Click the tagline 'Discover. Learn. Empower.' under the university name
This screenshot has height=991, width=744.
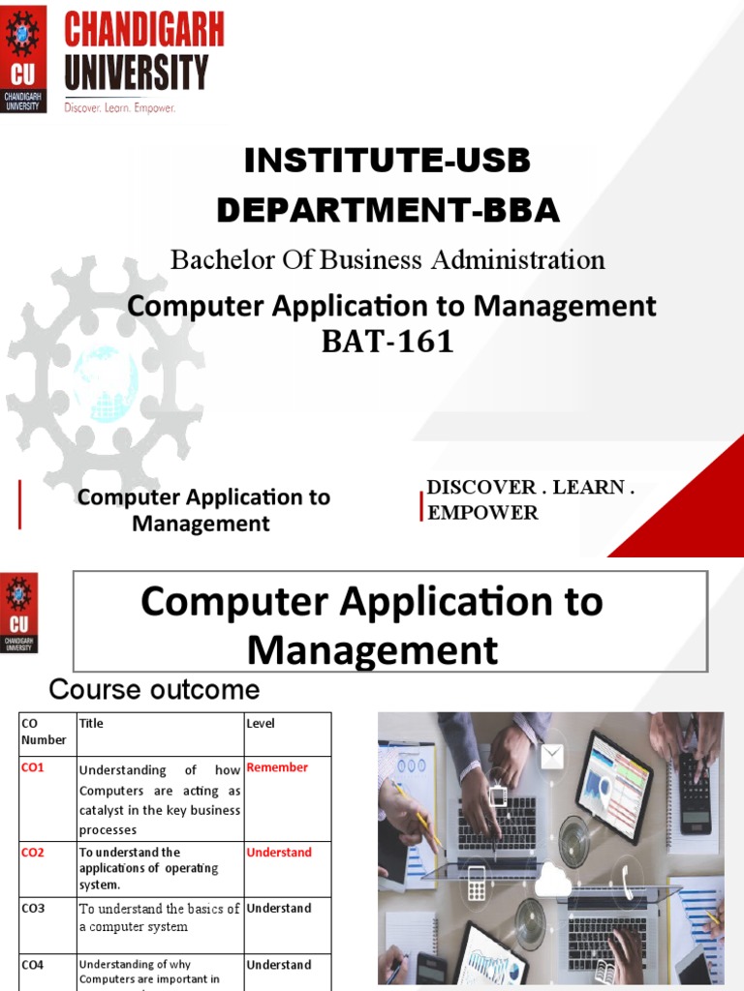pyautogui.click(x=120, y=108)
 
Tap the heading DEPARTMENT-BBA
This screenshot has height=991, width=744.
pyautogui.click(x=387, y=210)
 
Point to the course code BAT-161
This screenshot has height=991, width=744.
pyautogui.click(x=387, y=342)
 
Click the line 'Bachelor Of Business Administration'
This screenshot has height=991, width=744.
pyautogui.click(x=387, y=259)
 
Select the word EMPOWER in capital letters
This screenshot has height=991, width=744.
pyautogui.click(x=482, y=513)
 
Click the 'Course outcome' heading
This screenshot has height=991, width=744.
pyautogui.click(x=155, y=690)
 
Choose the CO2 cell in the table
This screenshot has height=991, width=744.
pyautogui.click(x=34, y=853)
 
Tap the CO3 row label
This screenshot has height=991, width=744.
pyautogui.click(x=32, y=909)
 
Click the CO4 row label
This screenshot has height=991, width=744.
pyautogui.click(x=32, y=965)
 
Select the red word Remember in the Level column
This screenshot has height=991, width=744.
pyautogui.click(x=277, y=767)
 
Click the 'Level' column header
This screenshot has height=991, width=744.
pyautogui.click(x=261, y=723)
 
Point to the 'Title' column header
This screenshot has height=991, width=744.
pyautogui.click(x=91, y=723)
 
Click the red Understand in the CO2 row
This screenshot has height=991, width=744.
pyautogui.click(x=279, y=853)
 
